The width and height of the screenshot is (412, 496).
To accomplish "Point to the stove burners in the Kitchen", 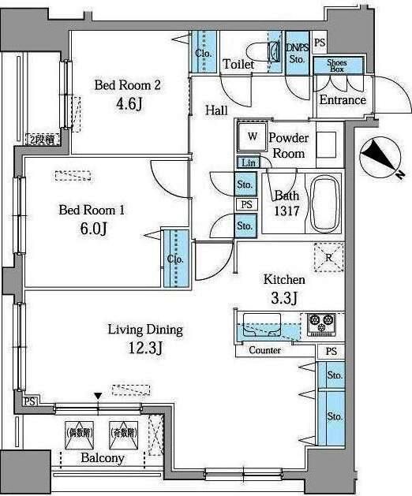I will (x=323, y=322).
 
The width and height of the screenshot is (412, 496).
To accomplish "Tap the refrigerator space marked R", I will (x=328, y=256).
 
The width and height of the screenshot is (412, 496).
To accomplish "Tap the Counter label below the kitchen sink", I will (x=264, y=350).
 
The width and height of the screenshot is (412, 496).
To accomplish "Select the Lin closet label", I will (x=247, y=162).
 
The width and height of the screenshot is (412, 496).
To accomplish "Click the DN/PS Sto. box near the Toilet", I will (x=298, y=53).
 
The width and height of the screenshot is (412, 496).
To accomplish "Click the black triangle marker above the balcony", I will (x=98, y=396).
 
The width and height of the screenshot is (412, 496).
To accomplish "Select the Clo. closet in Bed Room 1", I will (x=175, y=259).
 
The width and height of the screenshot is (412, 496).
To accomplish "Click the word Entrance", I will (x=343, y=100).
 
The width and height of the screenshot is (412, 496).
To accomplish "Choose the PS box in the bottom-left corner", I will (x=29, y=401).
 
